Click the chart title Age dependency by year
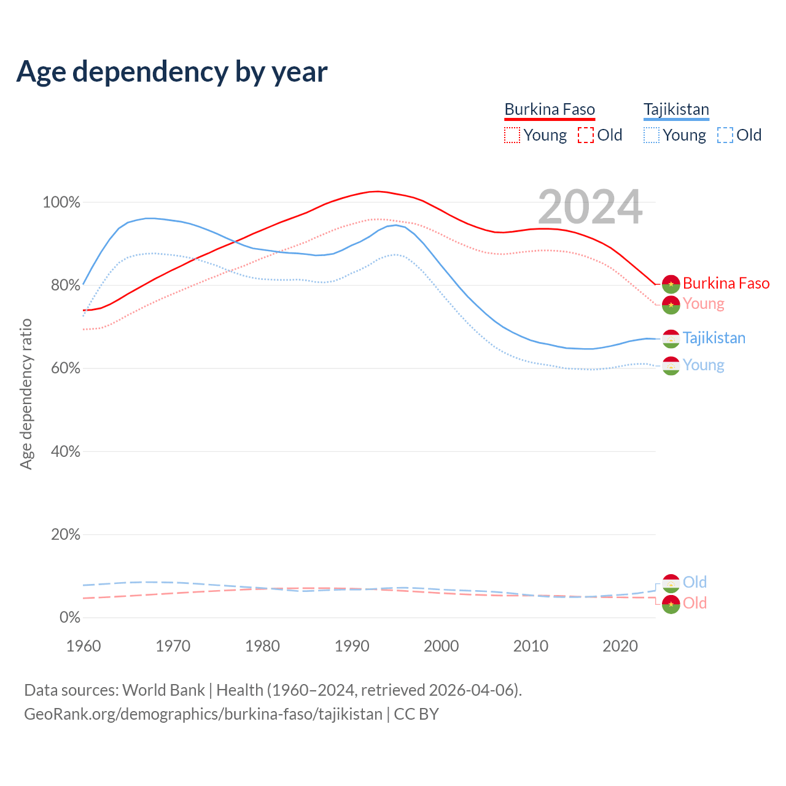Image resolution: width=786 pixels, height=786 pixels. coord(172,72)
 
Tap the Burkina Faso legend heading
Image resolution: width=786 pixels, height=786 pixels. coord(550,109)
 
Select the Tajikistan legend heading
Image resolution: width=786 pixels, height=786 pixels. coord(676,109)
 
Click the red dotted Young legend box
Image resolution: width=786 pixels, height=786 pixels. coord(512,135)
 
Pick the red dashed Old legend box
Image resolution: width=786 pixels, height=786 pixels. coord(586,135)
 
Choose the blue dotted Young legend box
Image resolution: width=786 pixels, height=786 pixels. coord(652,135)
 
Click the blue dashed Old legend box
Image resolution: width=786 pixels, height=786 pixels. coord(725,135)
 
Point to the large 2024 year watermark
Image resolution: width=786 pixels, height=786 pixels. coord(590,208)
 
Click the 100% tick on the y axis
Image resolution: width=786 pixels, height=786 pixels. coord(61,203)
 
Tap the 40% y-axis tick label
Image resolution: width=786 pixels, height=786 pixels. coord(66,452)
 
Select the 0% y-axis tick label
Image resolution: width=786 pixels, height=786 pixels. coord(70,618)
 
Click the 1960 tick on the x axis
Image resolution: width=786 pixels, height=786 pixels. coord(84,646)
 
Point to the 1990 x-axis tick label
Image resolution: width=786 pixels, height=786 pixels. coord(352,646)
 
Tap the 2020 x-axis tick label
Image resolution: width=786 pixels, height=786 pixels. coord(620,646)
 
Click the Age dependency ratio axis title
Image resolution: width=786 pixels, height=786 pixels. coord(26,394)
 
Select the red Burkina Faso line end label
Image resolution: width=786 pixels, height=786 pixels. coord(726,283)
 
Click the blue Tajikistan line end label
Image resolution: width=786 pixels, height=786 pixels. coord(714,338)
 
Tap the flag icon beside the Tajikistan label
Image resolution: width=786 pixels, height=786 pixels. coord(671,338)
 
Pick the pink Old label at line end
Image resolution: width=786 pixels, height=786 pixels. coord(695,603)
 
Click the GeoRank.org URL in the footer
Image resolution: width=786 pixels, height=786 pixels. coord(203,714)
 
